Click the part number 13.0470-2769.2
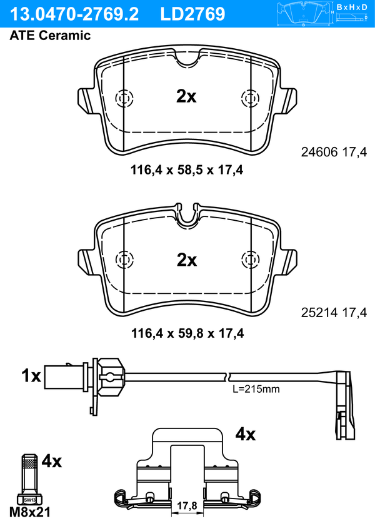pyautogui.click(x=74, y=14)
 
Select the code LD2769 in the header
pyautogui.click(x=192, y=14)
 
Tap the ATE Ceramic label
pyautogui.click(x=50, y=35)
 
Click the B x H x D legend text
pyautogui.click(x=352, y=7)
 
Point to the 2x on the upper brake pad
pyautogui.click(x=186, y=96)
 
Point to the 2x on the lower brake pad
pyautogui.click(x=187, y=260)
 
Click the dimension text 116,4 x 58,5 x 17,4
pyautogui.click(x=187, y=169)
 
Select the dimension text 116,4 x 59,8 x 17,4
pyautogui.click(x=187, y=333)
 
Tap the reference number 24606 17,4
pyautogui.click(x=334, y=153)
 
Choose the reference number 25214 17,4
pyautogui.click(x=334, y=313)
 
